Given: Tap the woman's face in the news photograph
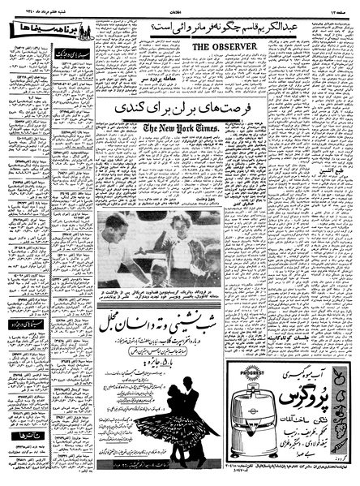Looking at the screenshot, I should (180, 221).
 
